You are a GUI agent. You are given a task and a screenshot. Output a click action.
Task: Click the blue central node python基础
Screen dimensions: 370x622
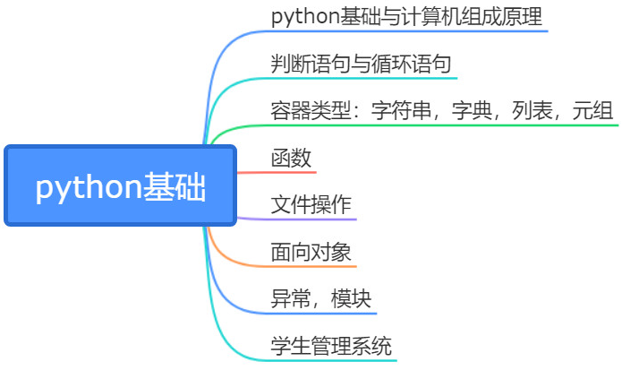120,186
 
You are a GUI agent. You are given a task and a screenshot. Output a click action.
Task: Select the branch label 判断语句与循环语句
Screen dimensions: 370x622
360,65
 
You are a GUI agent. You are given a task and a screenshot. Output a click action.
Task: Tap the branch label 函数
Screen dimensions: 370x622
291,159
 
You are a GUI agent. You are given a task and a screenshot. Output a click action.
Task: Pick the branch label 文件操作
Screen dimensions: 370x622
311,205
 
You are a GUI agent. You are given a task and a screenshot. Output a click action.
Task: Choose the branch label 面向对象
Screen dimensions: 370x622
311,252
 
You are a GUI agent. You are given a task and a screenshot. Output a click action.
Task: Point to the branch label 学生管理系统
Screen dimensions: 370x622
331,346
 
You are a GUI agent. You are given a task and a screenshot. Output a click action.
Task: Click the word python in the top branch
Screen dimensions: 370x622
301,17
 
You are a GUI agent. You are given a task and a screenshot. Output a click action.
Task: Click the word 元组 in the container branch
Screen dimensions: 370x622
593,111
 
